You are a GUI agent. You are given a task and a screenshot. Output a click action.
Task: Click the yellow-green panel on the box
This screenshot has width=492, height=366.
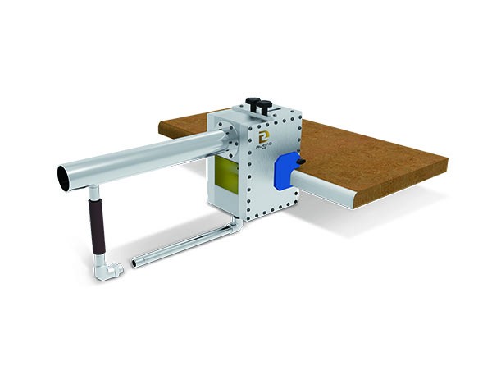click(x=223, y=174)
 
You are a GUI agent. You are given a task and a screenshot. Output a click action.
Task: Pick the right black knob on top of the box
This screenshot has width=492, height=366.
click(x=266, y=103)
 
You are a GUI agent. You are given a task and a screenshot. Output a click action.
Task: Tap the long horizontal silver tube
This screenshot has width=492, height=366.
click(x=139, y=159)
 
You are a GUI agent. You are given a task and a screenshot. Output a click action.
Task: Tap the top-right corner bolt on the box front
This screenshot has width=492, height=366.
click(x=297, y=125)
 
